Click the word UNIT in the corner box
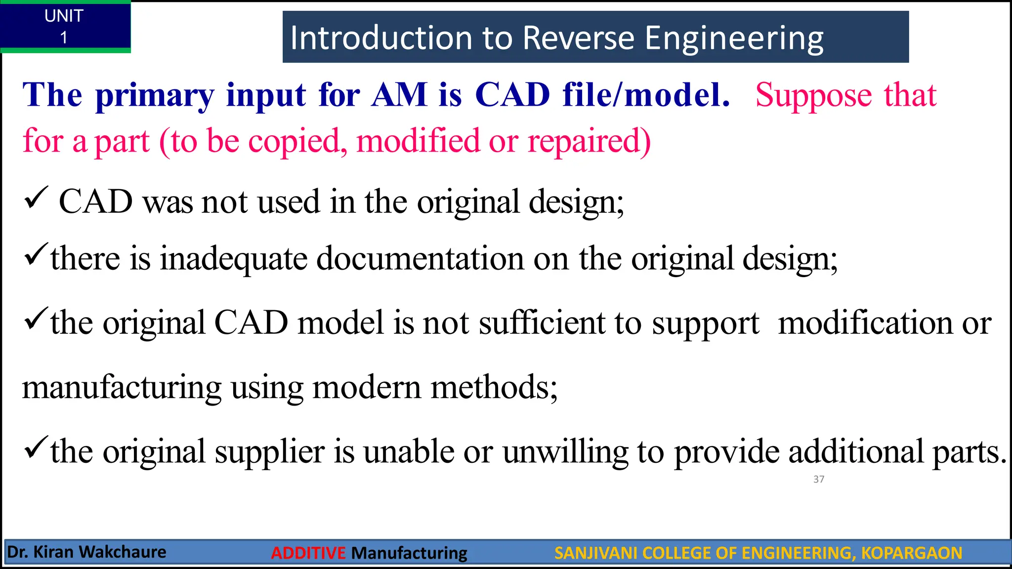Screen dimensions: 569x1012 tap(64, 16)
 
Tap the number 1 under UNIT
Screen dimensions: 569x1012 tap(64, 38)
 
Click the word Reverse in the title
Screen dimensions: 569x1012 tap(578, 38)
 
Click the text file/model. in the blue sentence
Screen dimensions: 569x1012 tap(646, 94)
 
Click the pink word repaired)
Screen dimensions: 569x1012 tap(589, 142)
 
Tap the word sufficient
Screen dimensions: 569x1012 tap(542, 323)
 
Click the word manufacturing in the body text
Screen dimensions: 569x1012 tap(122, 388)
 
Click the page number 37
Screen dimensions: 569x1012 tap(819, 479)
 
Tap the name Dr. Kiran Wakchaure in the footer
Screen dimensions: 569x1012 tap(87, 552)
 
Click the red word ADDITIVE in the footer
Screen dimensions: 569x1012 tap(308, 553)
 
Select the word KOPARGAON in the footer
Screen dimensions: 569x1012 tap(911, 553)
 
